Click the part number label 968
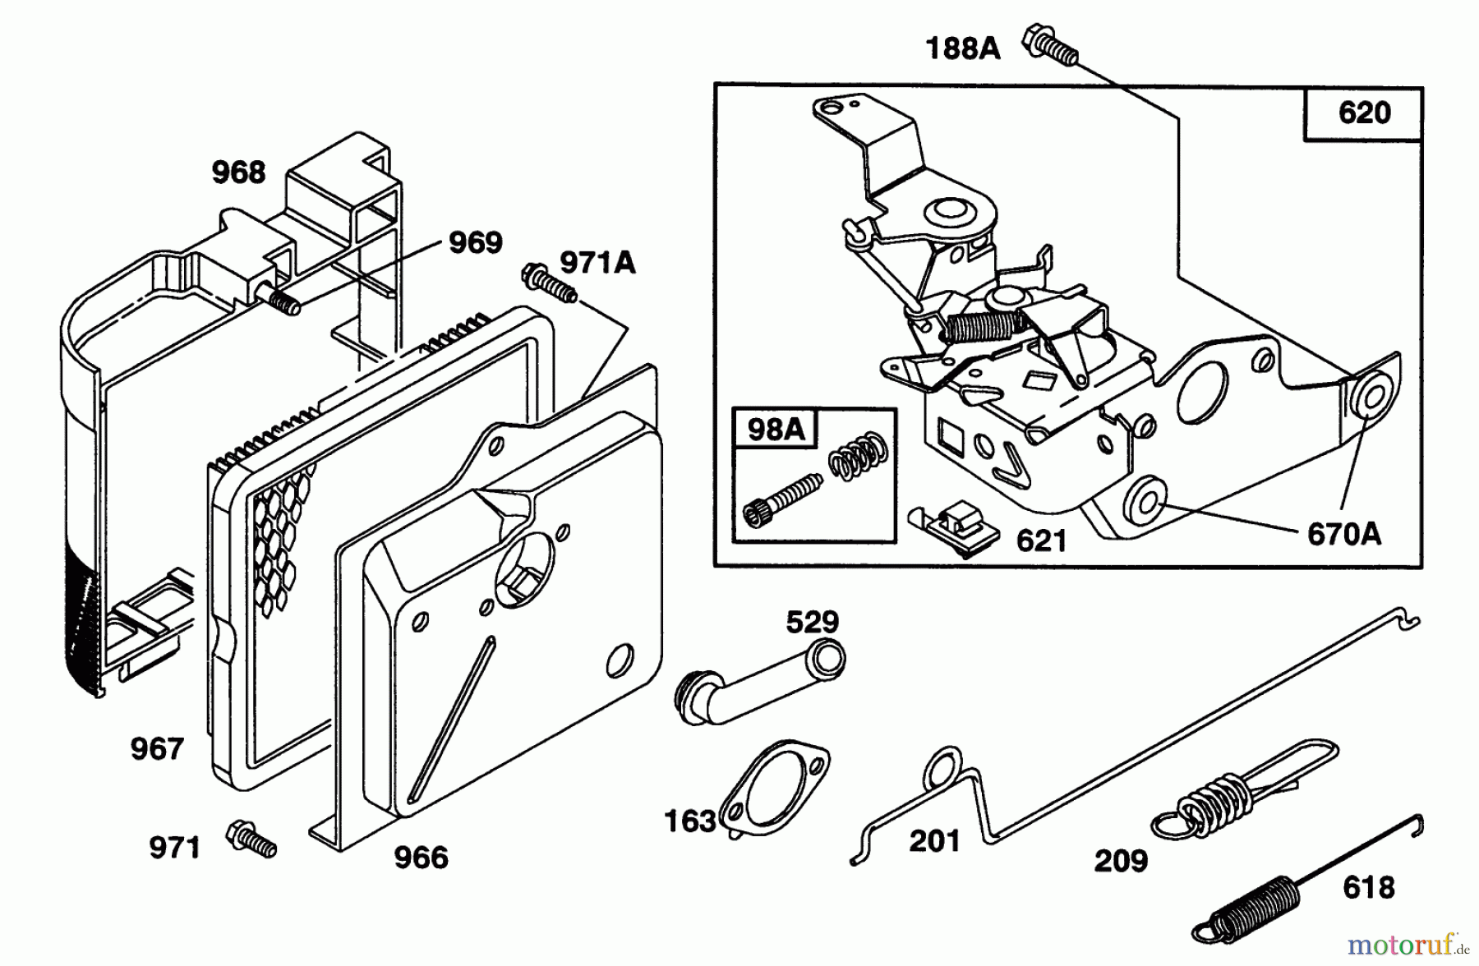pos(238,172)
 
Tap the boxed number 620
pos(1364,113)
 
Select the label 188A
pos(962,49)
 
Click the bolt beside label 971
pos(251,839)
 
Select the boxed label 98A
pos(775,430)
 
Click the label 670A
pos(1343,535)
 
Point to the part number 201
pos(934,841)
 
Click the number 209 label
pos(1121,861)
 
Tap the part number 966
pos(421,858)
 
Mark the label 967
pos(156,748)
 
